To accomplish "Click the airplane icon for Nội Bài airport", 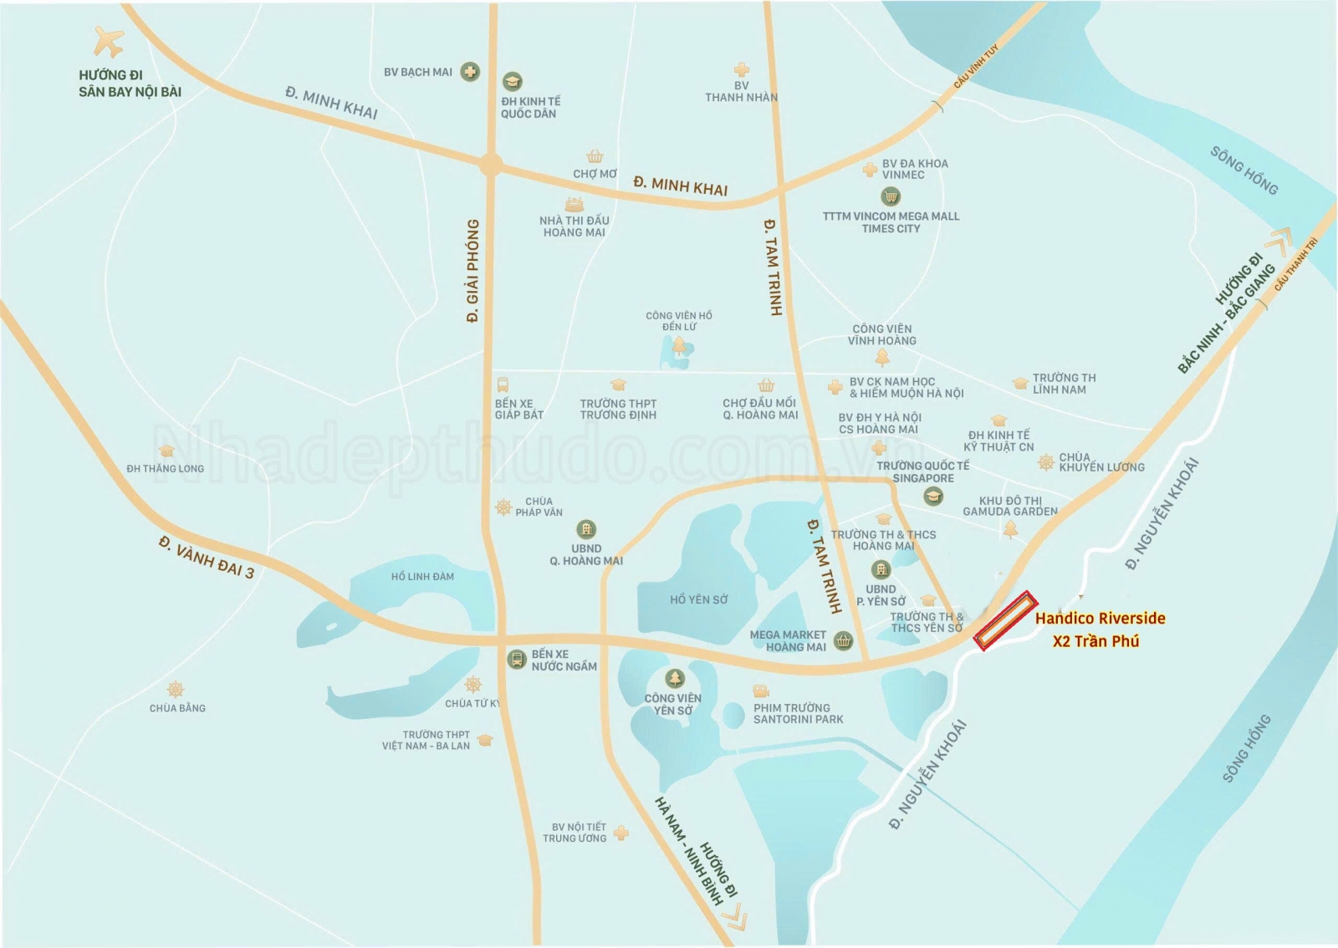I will (109, 42).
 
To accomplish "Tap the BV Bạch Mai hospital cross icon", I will (471, 72).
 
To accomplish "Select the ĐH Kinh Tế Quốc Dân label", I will (530, 107).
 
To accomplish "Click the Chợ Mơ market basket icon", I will (595, 156).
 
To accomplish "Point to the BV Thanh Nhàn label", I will (741, 92).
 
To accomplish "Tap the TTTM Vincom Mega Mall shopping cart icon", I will (891, 197).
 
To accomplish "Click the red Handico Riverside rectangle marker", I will (1006, 621).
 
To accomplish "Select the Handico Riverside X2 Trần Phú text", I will (1099, 629).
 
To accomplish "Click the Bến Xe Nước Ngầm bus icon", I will (517, 660).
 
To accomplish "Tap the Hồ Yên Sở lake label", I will (698, 599).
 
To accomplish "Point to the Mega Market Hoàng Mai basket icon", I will (844, 641).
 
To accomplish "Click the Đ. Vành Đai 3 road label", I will (207, 558).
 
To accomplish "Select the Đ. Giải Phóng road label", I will (473, 271).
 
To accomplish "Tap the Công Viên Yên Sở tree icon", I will (675, 678).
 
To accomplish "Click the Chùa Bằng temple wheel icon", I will (175, 690).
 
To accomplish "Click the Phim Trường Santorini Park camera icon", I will (760, 691).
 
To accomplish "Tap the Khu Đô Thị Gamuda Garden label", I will (1009, 506).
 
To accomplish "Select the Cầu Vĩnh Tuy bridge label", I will (976, 67).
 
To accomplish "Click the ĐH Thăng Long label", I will (165, 468).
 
